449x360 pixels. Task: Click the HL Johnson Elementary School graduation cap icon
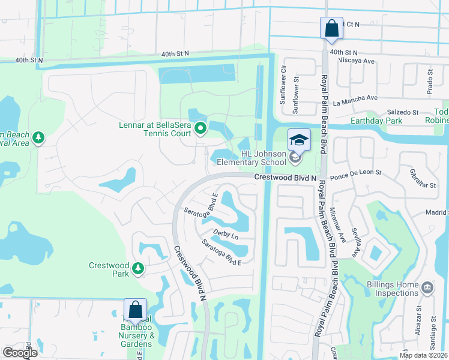point(299,139)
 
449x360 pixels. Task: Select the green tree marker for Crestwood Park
point(139,268)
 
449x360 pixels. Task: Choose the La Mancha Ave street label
point(356,98)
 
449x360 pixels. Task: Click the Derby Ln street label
point(226,235)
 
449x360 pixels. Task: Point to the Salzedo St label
point(402,112)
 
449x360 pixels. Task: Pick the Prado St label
point(430,82)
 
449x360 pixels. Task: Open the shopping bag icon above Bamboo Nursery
point(135,310)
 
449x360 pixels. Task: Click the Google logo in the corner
point(20,353)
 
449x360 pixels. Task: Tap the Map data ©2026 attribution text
point(423,355)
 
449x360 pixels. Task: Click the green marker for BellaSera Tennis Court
point(200,128)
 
